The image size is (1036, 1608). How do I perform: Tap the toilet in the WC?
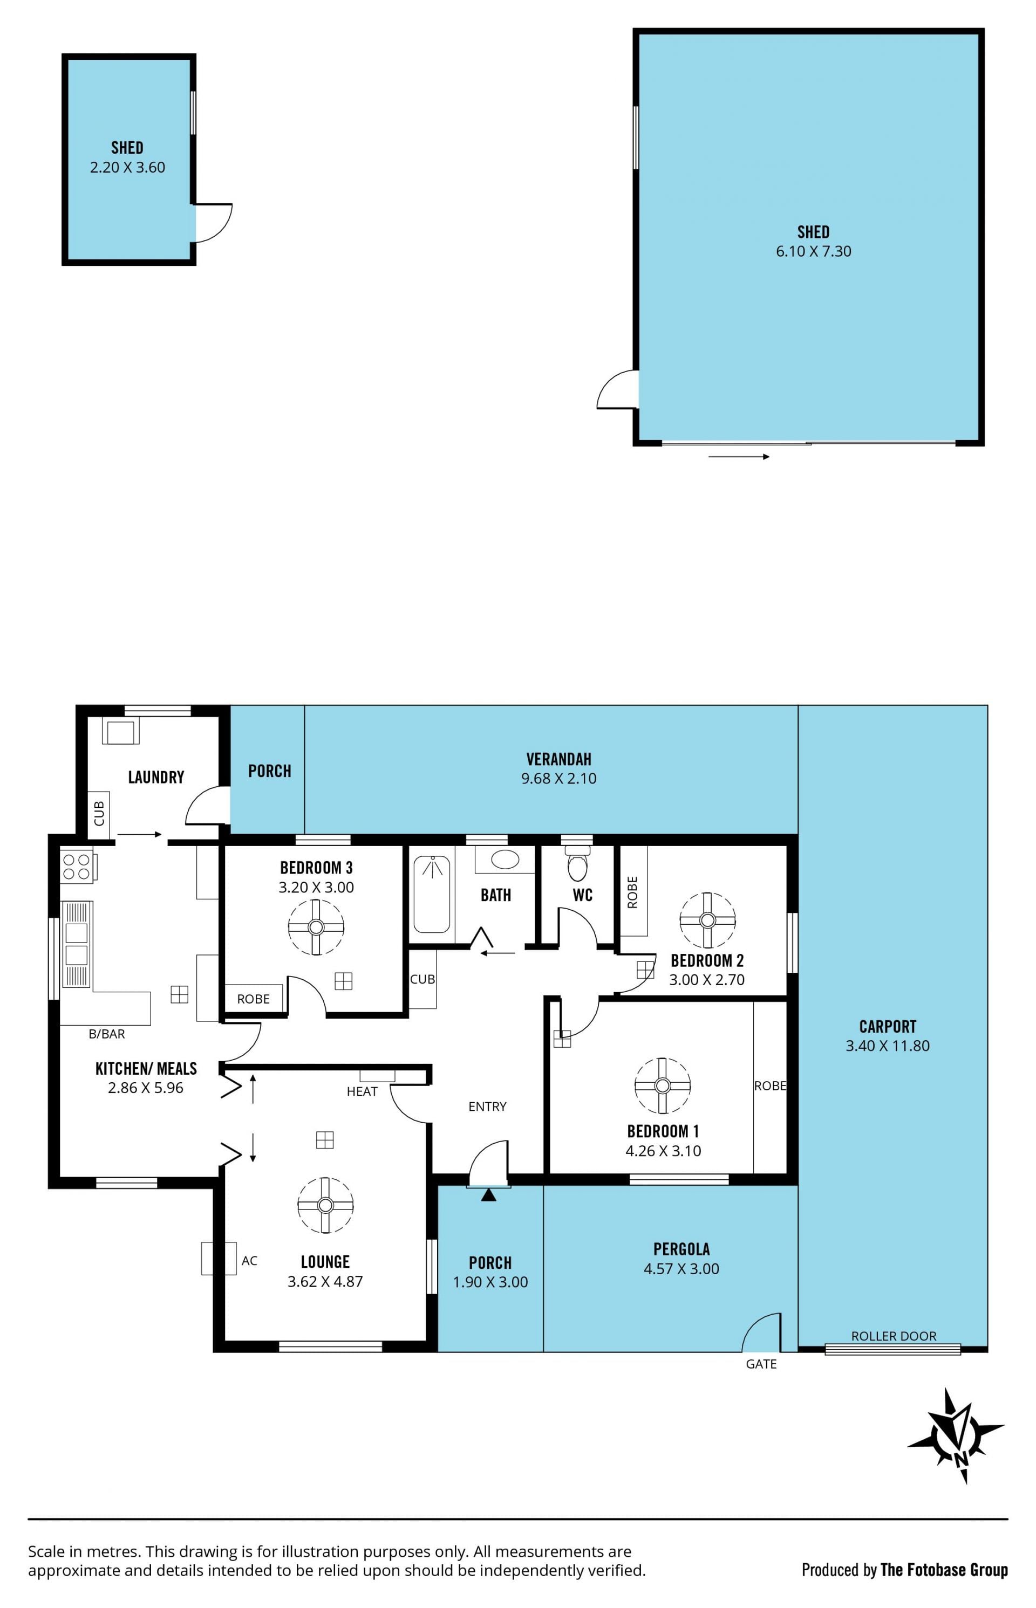(x=577, y=863)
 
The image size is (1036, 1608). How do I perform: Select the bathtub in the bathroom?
(x=431, y=894)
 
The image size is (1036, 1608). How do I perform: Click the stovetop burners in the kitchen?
(x=76, y=867)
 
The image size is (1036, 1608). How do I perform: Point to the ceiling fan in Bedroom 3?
(x=316, y=927)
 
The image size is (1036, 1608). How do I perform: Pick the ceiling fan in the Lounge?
(x=325, y=1205)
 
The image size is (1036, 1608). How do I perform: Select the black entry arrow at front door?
(x=488, y=1194)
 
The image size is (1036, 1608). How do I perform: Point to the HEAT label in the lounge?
(x=362, y=1092)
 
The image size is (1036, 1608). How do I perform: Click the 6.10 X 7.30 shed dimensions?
(x=813, y=251)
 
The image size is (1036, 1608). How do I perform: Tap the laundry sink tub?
(x=121, y=731)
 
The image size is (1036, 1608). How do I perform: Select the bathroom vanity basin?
(x=505, y=859)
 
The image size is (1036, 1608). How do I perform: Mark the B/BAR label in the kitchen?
(x=107, y=1034)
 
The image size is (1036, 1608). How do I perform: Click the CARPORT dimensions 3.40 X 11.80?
(x=887, y=1046)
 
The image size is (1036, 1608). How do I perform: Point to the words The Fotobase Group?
(x=944, y=1570)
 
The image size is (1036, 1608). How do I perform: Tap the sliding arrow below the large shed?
(x=739, y=457)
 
